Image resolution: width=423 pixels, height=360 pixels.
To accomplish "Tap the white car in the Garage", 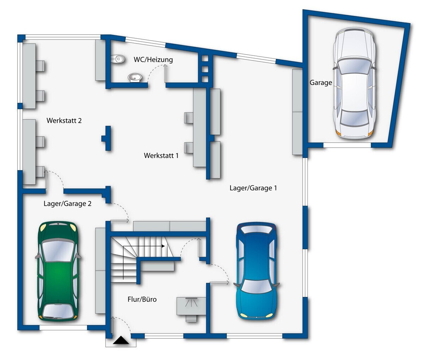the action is [x=354, y=83].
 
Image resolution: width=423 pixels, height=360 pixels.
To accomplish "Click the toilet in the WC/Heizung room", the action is [x=117, y=59].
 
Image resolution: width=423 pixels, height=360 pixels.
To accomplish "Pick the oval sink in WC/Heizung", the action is [x=135, y=78].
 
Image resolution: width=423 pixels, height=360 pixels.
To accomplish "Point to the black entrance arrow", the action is [x=121, y=340].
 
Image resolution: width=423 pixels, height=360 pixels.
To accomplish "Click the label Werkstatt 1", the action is [x=161, y=155].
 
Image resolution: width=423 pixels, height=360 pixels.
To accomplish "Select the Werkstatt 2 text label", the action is [x=64, y=121].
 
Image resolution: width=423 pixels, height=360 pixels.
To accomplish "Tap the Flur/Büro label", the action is [x=142, y=299].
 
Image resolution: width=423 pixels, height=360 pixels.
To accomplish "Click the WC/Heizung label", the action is [x=153, y=60].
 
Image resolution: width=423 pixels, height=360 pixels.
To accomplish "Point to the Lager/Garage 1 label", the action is [x=253, y=188].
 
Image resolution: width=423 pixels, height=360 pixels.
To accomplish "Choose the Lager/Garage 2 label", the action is [x=67, y=204].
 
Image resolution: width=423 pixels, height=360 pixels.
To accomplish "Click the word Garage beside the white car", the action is [x=321, y=83].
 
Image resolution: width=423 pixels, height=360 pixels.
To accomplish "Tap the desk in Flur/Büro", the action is [x=191, y=306].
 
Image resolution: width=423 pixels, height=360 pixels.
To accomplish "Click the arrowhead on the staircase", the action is [x=163, y=246].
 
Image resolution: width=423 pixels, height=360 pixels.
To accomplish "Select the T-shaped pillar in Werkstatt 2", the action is [x=106, y=138].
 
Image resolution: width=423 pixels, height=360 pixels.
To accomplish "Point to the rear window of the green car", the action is [x=58, y=311].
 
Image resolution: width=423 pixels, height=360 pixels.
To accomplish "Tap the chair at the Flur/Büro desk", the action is [x=191, y=318].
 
